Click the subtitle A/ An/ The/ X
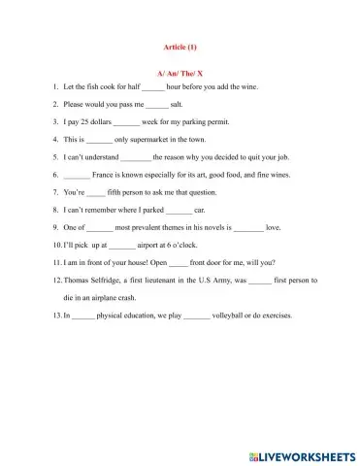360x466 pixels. click(180, 73)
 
